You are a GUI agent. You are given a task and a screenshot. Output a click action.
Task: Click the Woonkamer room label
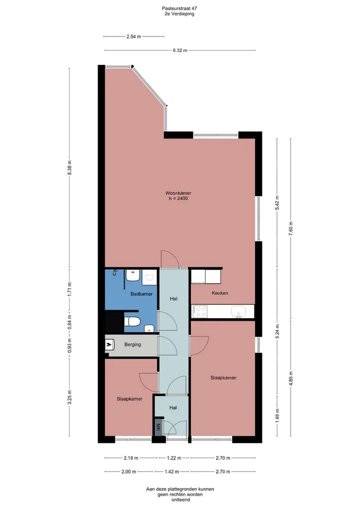[x=178, y=193]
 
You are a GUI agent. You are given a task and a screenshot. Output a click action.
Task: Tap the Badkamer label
[x=141, y=294]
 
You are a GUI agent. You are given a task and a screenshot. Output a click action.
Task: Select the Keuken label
[x=220, y=293]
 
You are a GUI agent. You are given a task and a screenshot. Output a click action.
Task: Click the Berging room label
[x=132, y=344]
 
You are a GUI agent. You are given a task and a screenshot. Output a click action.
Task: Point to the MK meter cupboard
[x=158, y=427]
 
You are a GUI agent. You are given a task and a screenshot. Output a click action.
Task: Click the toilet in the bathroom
[x=132, y=322]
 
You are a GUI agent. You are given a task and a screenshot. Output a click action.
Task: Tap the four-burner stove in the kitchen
[x=200, y=311]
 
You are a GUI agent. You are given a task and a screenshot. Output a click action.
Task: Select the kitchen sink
[x=238, y=311]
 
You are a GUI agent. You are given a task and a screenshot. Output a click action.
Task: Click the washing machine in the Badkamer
[x=150, y=277]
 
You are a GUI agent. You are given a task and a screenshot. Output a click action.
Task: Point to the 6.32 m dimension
[x=180, y=50]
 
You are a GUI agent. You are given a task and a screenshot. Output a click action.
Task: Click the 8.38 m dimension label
[x=69, y=167]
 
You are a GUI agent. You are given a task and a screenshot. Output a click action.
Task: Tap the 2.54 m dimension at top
[x=133, y=36]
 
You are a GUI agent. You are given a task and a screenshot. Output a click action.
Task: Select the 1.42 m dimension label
[x=172, y=472]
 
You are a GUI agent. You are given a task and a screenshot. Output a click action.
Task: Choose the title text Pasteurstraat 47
[x=179, y=8]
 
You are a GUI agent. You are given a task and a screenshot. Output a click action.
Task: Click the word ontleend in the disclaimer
[x=180, y=500]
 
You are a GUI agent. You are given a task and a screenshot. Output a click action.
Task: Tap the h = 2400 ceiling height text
[x=178, y=198]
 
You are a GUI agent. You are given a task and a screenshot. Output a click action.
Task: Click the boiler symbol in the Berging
[x=110, y=344]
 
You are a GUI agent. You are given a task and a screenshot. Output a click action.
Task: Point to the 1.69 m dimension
[x=277, y=416]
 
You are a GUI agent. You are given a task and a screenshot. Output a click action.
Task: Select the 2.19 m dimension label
[x=131, y=458]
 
